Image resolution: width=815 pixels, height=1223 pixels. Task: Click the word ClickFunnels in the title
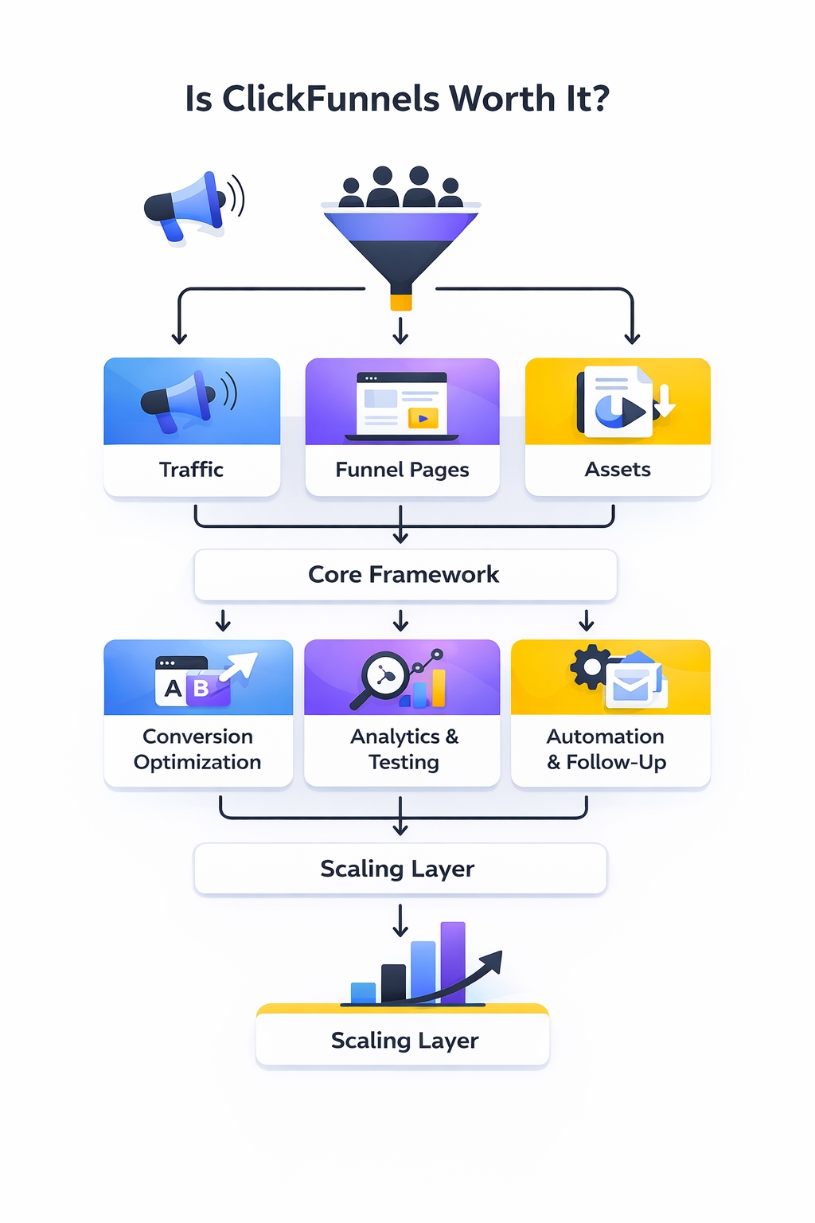330,99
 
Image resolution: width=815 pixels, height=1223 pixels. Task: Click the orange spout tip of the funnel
401,302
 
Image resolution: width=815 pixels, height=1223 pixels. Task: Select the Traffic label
191,470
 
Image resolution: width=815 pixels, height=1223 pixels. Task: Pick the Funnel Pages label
402,470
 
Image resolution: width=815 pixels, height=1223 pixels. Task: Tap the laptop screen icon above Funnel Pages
402,404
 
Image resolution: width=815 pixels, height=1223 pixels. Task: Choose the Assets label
618,470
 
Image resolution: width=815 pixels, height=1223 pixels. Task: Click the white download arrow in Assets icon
666,400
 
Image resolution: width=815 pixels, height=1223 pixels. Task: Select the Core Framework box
404,575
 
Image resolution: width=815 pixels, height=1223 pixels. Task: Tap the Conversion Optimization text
197,749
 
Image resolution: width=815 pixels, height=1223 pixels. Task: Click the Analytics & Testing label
404,749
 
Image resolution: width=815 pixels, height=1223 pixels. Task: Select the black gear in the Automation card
591,667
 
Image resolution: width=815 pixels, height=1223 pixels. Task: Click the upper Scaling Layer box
400,869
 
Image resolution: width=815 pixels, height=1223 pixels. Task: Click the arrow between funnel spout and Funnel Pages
401,330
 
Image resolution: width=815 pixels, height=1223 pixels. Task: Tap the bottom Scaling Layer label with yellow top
404,1040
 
